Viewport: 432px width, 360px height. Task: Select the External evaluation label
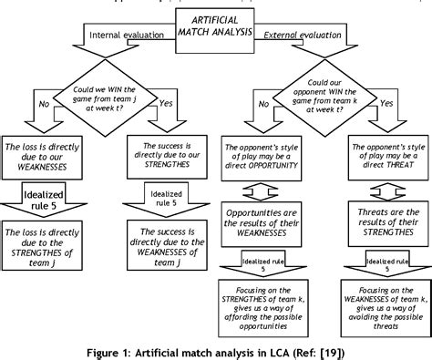[302, 36]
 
